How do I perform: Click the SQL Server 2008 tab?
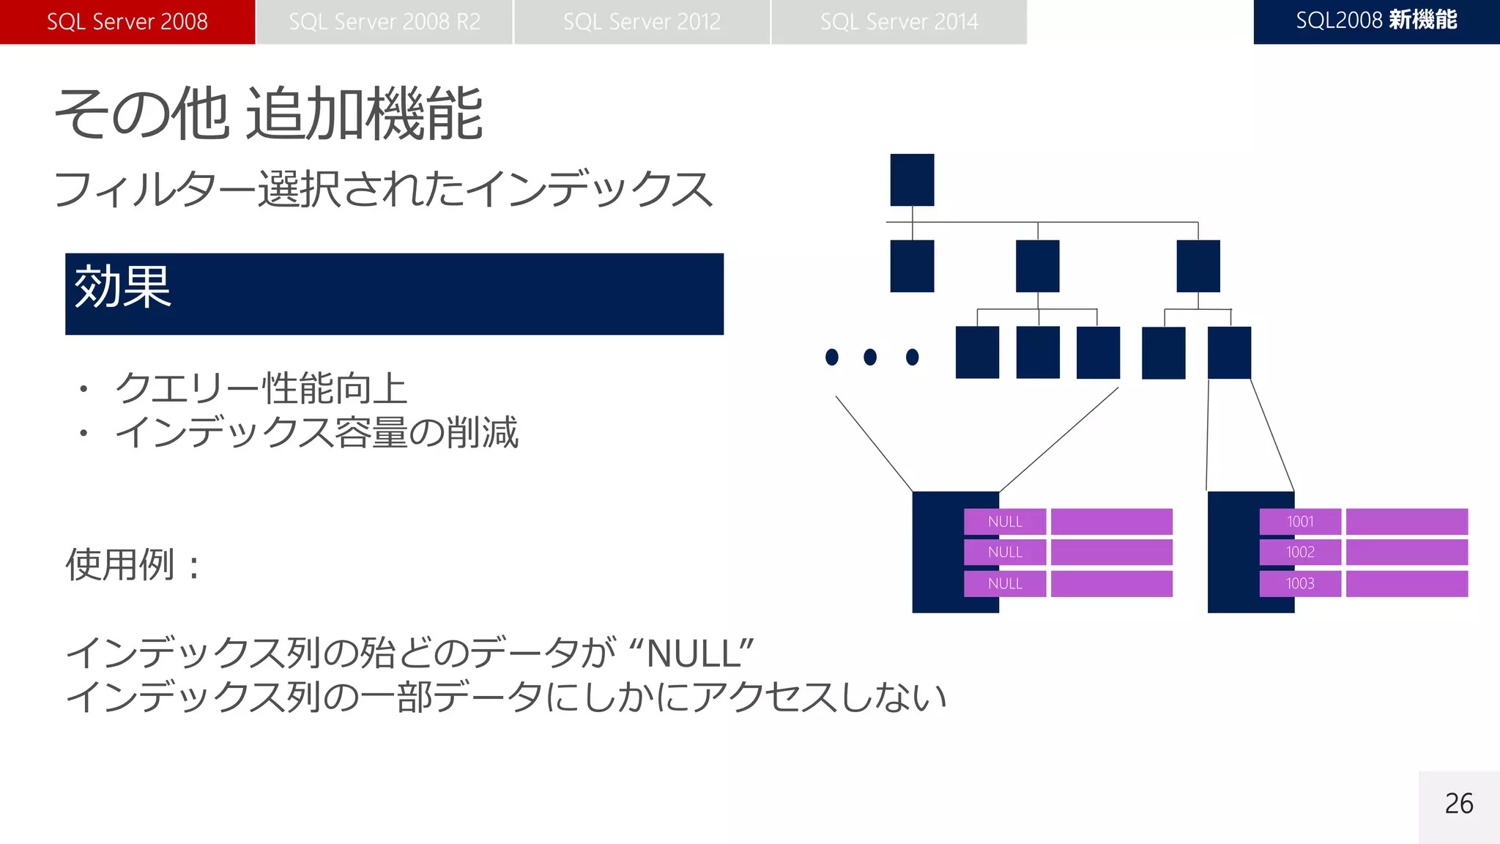point(127,22)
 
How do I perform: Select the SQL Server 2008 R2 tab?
point(385,22)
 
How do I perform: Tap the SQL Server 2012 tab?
point(642,22)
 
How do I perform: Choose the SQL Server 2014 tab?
point(899,22)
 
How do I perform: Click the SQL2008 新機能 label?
point(1376,21)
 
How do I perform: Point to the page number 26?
point(1458,804)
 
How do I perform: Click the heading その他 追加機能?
point(269,114)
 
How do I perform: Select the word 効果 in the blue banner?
point(122,287)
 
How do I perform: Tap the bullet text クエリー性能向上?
point(261,388)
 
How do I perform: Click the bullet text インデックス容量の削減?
point(316,432)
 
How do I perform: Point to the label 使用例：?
point(133,565)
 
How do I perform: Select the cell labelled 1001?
point(1300,522)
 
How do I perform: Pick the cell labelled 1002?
point(1300,552)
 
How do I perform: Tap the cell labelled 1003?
point(1300,584)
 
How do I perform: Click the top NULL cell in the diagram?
point(1005,522)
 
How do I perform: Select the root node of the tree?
point(912,179)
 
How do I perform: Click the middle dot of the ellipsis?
point(870,357)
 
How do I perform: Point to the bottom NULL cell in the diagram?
point(1005,584)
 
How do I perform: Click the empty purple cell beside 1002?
point(1406,552)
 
